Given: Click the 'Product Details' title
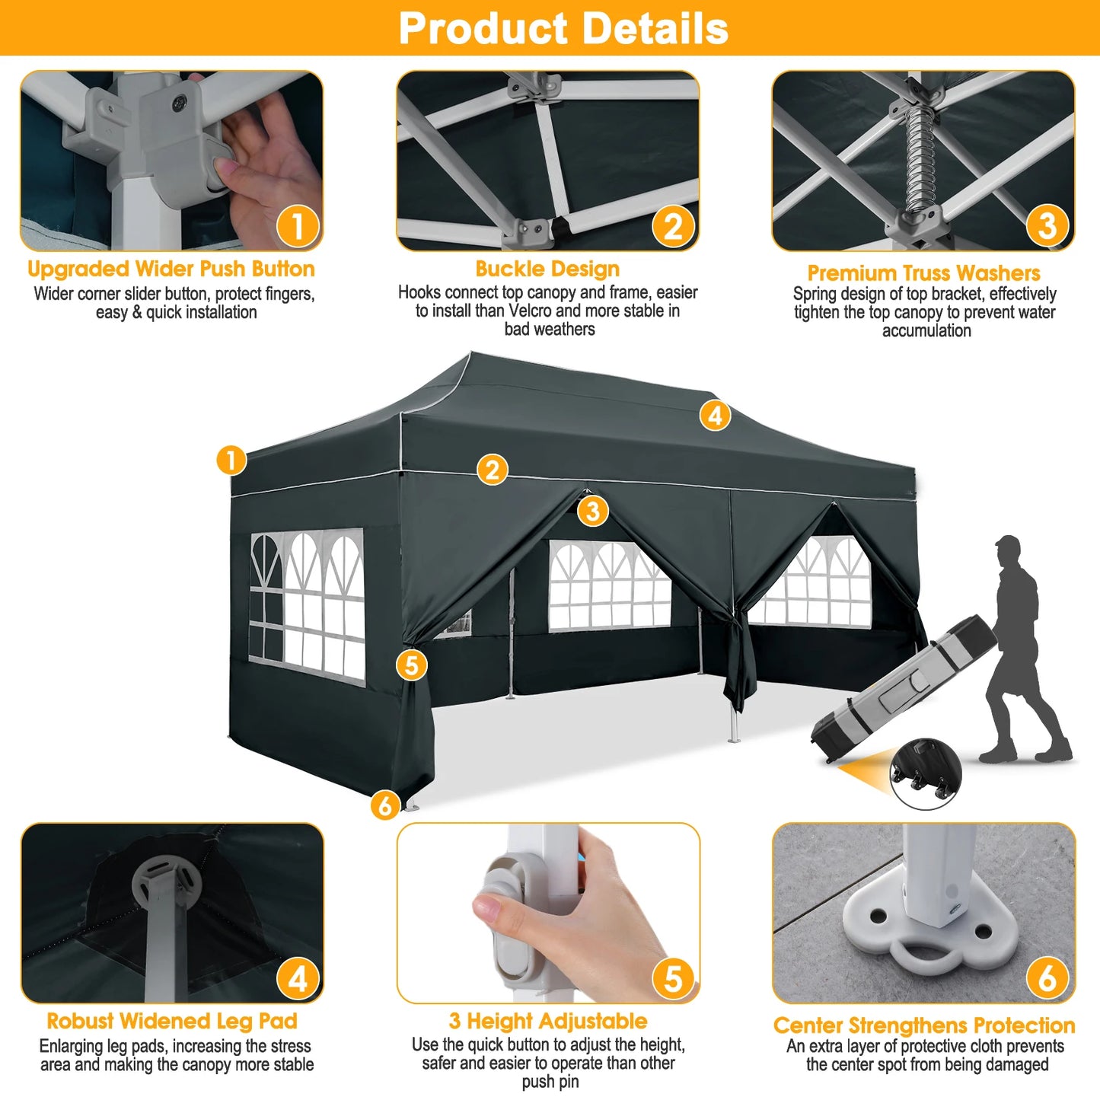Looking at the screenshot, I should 563,29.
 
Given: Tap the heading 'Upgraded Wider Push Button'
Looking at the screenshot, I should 171,269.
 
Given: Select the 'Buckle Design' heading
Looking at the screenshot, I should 547,269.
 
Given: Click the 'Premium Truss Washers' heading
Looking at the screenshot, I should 923,273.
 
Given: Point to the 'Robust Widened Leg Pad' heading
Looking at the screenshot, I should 172,1021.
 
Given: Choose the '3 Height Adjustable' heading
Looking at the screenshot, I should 548,1021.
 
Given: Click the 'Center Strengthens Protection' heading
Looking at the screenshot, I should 924,1025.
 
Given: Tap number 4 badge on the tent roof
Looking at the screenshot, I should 715,416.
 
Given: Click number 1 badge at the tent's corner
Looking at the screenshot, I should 231,460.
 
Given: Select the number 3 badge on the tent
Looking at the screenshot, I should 592,511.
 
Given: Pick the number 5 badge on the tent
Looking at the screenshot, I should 411,665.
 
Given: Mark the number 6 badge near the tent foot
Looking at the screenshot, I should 385,805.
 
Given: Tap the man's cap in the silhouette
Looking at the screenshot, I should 1008,544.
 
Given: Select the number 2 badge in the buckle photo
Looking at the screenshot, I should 673,227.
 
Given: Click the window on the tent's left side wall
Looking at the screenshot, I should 308,604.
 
